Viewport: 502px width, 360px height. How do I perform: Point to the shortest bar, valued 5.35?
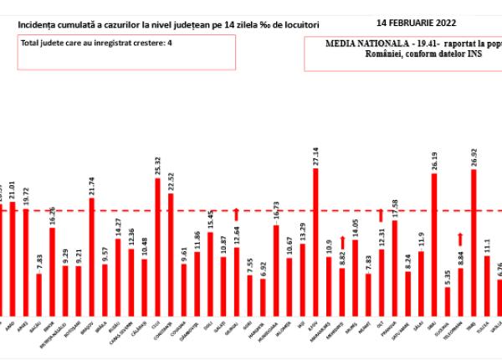(447, 299)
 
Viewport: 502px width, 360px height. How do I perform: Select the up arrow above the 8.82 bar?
(341, 243)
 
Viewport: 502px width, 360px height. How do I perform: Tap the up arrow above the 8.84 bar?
(459, 240)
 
